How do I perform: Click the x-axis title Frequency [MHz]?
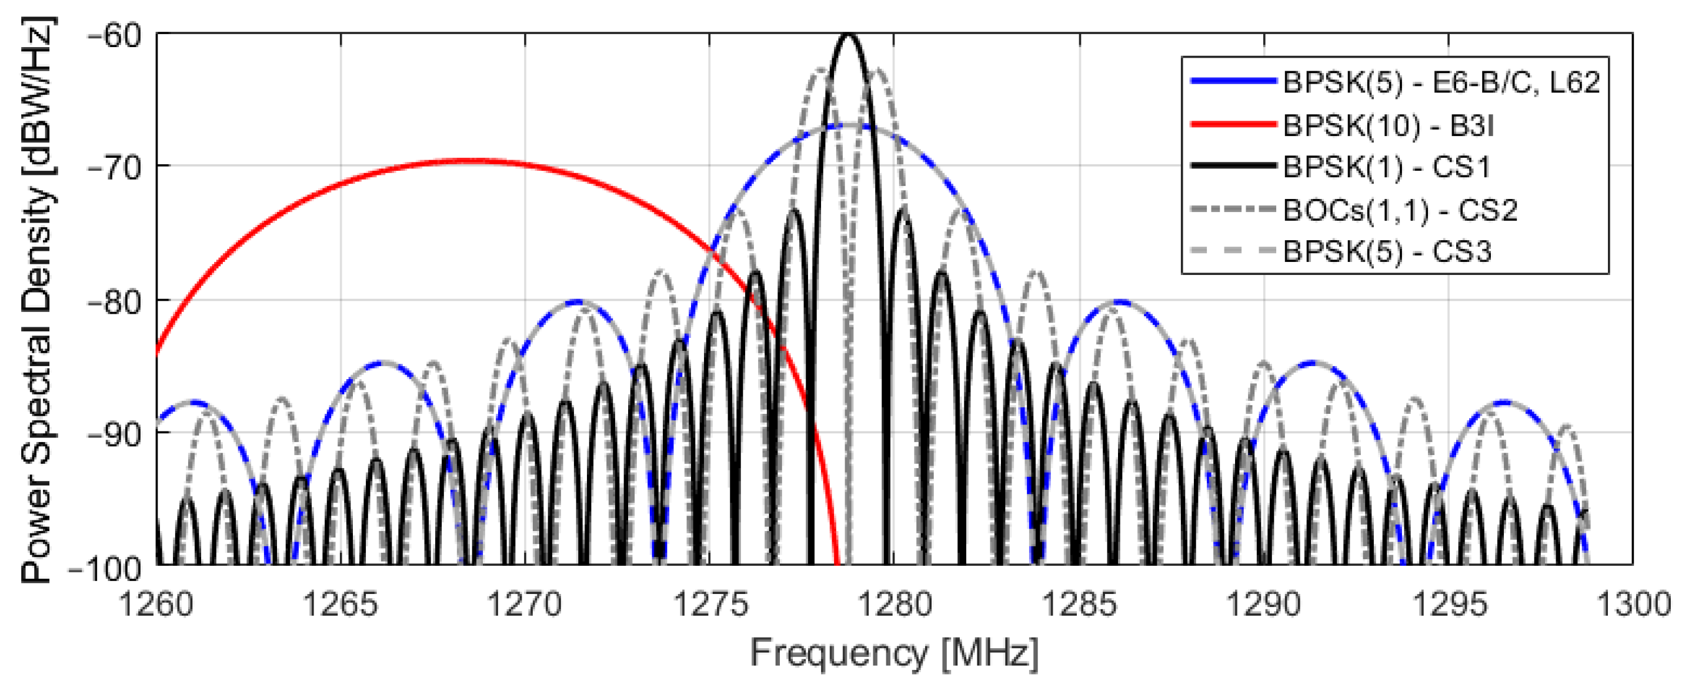tap(895, 654)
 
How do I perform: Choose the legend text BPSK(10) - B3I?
tap(1387, 125)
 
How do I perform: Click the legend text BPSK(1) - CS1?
tap(1386, 168)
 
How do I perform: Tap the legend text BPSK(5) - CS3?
tap(1386, 252)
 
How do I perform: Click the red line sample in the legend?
tap(1233, 124)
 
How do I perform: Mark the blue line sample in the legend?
tap(1233, 81)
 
